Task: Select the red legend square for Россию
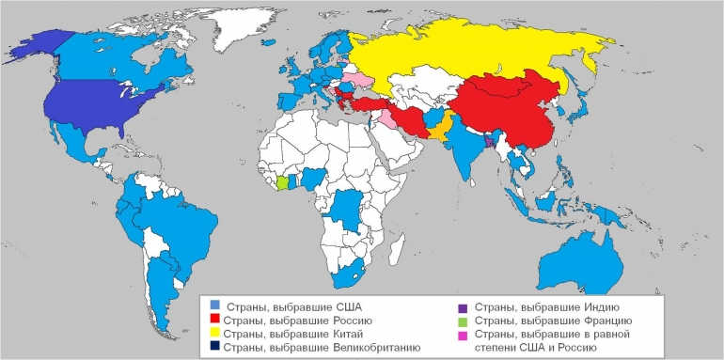(x=215, y=320)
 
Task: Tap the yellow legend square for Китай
(x=215, y=334)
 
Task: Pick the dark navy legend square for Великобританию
(x=215, y=347)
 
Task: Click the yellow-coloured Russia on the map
(x=470, y=56)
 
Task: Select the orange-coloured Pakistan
(x=441, y=128)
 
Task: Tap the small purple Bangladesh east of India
(x=489, y=142)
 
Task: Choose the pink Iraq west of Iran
(x=388, y=120)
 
